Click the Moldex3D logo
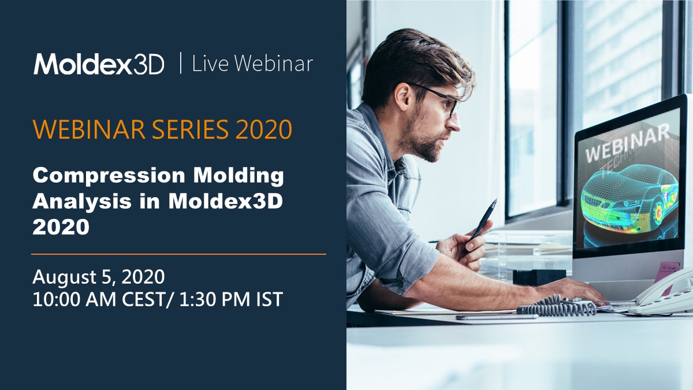tap(99, 64)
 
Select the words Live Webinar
tap(252, 64)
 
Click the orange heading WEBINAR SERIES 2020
tap(162, 130)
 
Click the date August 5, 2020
tap(99, 277)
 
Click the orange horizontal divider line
tap(178, 254)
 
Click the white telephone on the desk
tap(664, 298)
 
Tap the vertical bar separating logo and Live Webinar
tap(181, 63)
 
